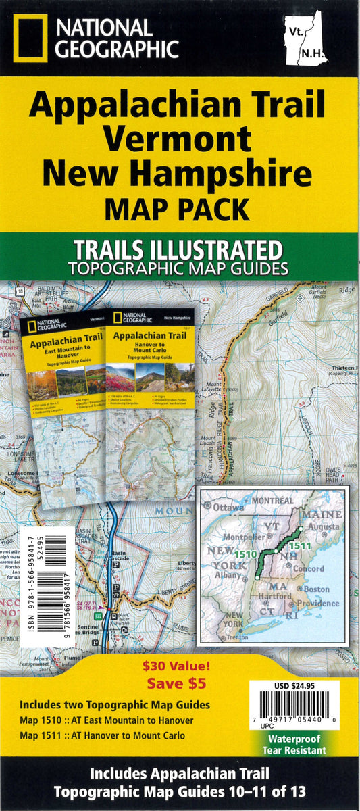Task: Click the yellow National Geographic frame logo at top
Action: [x=30, y=39]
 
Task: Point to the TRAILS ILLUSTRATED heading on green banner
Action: [x=179, y=249]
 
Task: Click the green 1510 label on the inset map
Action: [x=245, y=555]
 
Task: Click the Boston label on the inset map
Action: [x=317, y=589]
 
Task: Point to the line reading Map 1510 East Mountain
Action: [x=107, y=720]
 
